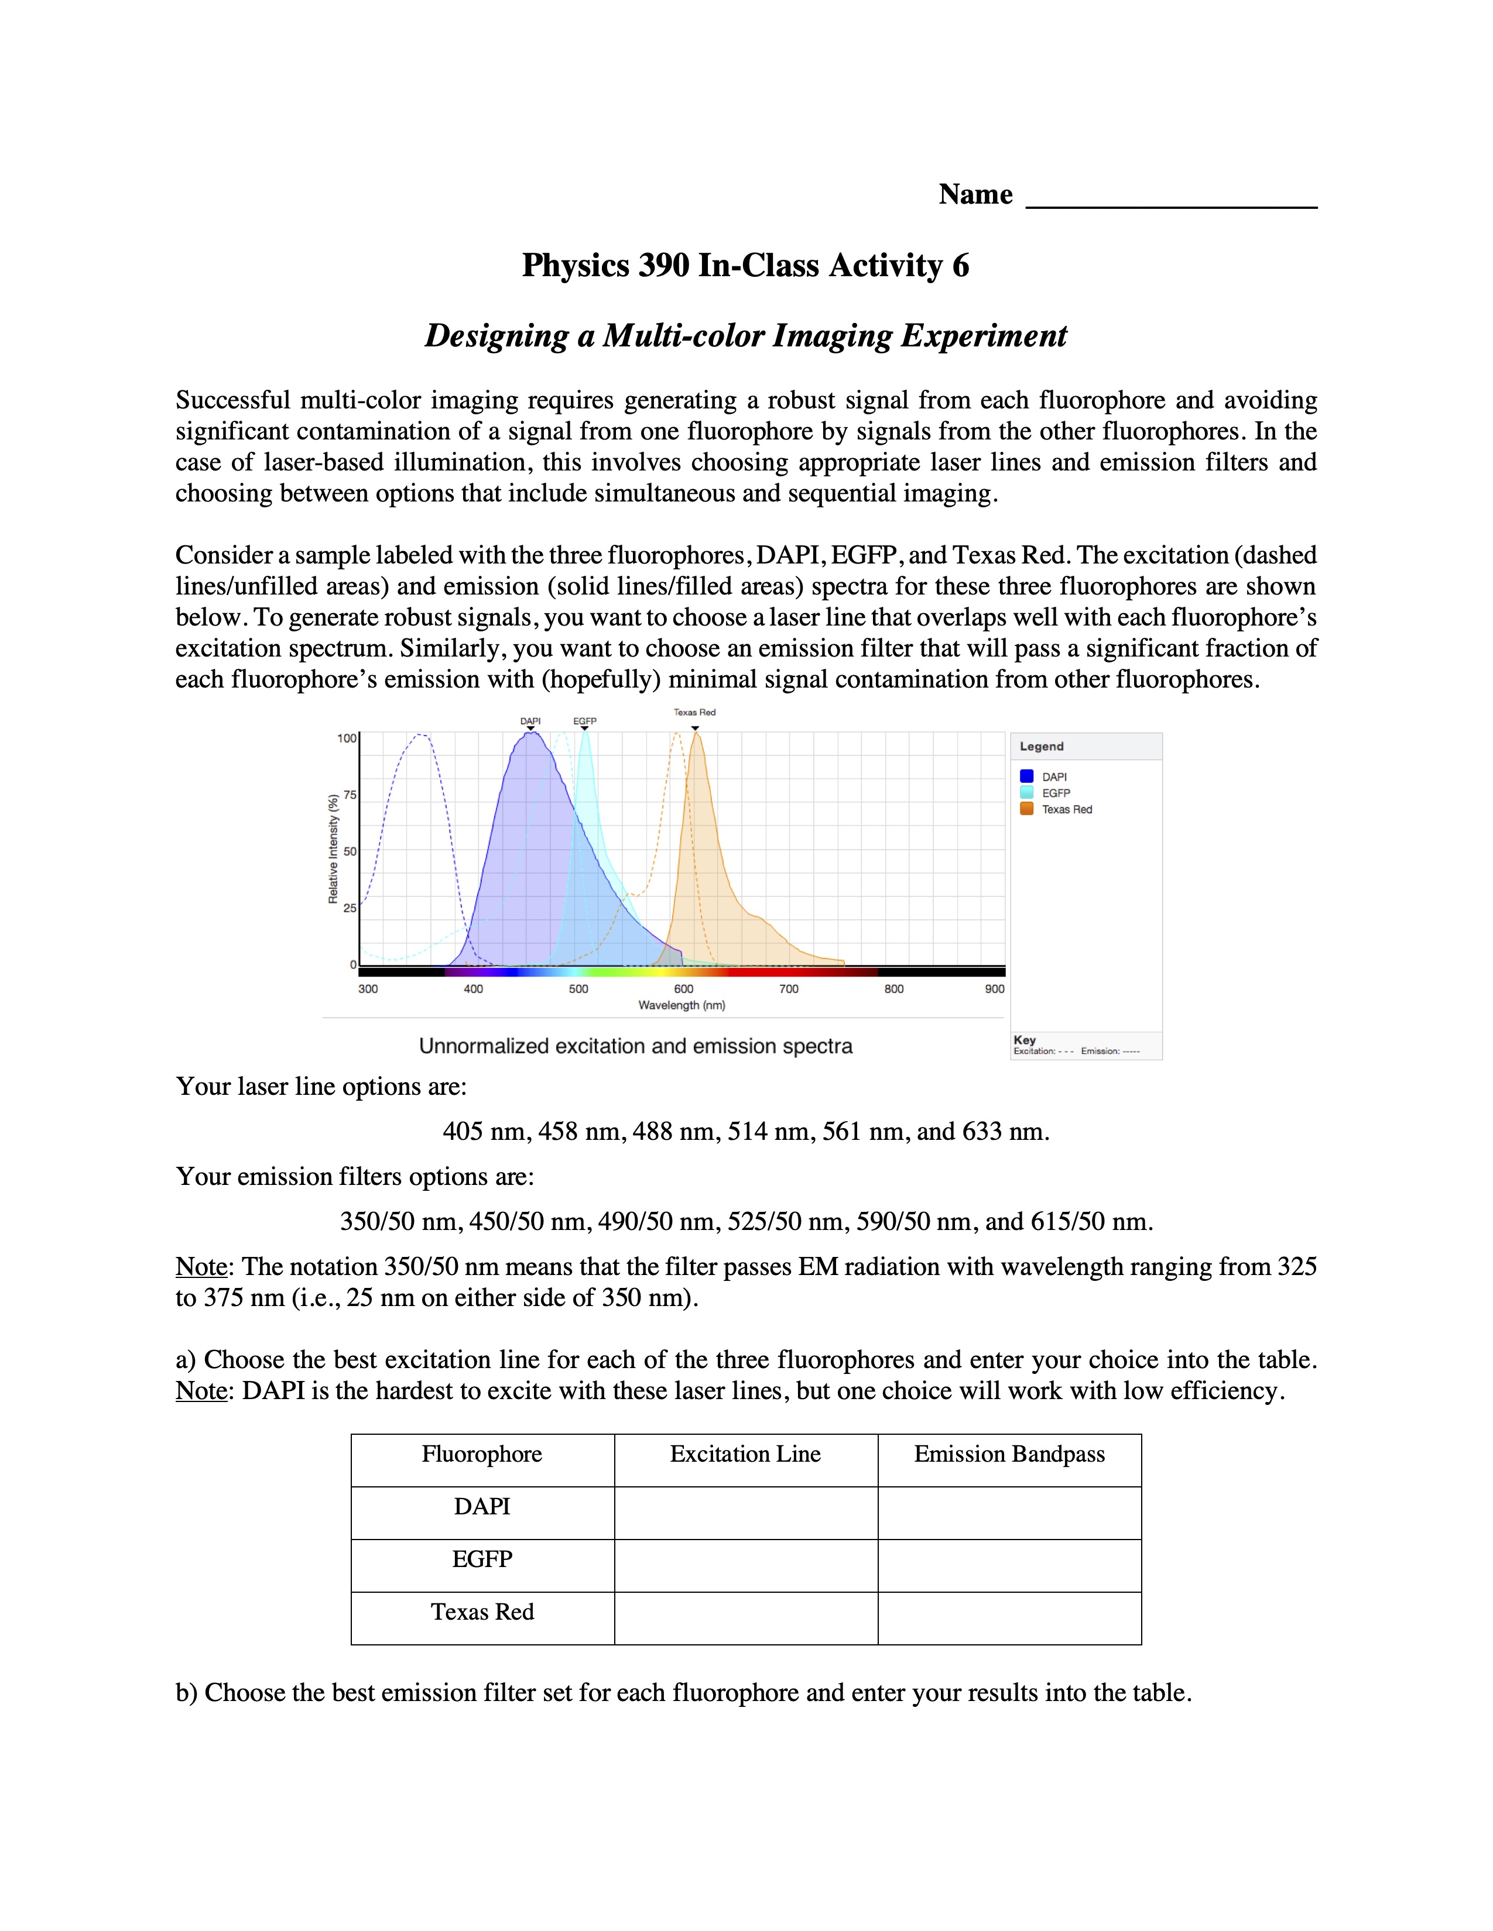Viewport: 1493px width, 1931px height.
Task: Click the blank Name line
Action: tap(1170, 199)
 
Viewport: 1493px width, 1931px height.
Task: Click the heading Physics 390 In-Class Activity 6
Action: tap(745, 265)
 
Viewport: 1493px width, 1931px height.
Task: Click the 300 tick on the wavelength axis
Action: tap(368, 988)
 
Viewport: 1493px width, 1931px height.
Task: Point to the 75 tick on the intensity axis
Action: tap(350, 795)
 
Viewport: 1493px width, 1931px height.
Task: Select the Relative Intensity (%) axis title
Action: tap(334, 849)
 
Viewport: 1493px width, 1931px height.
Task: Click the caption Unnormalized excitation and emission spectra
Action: tap(635, 1046)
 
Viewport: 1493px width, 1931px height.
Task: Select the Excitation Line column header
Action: tap(745, 1455)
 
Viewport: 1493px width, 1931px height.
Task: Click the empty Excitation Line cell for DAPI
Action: tap(745, 1513)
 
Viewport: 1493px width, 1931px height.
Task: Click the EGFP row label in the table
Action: tap(482, 1559)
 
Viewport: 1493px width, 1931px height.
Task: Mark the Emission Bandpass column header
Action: tap(1009, 1455)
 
